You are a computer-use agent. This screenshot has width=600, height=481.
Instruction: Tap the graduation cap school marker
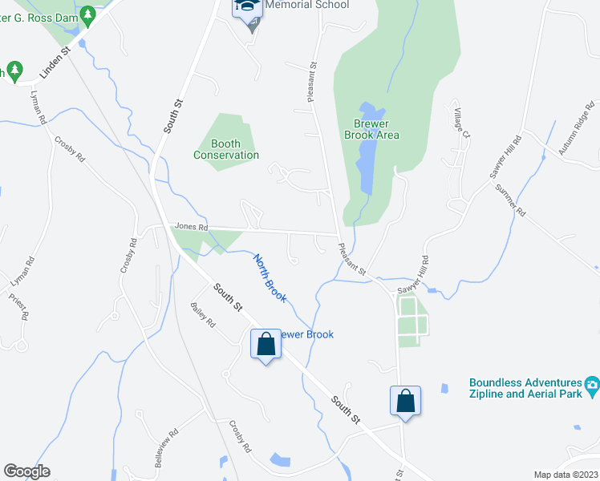pyautogui.click(x=247, y=8)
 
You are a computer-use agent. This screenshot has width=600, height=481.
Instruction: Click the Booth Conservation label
pyautogui.click(x=226, y=149)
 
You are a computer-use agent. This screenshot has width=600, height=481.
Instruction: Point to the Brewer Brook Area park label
pyautogui.click(x=376, y=129)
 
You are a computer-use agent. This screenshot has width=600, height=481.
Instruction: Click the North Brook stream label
pyautogui.click(x=270, y=277)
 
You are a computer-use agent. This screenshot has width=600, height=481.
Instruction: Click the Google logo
pyautogui.click(x=27, y=471)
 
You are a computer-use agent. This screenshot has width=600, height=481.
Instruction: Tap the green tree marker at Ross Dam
pyautogui.click(x=88, y=14)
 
